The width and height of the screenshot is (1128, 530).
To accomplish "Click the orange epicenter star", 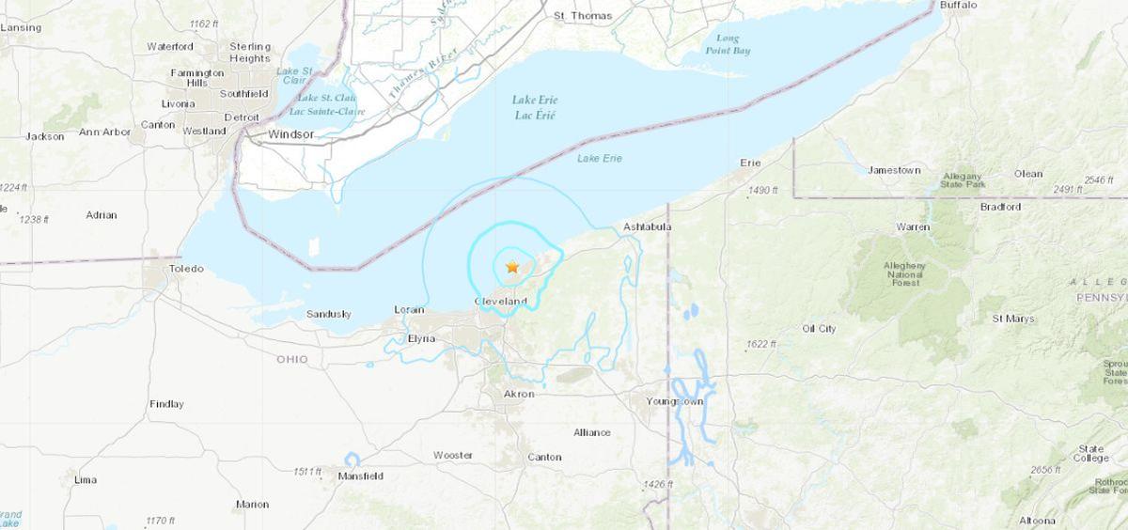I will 512,267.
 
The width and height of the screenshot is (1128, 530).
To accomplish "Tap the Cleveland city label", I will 501,301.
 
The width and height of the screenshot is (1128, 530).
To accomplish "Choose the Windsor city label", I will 290,134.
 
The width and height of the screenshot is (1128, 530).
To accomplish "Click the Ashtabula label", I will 647,228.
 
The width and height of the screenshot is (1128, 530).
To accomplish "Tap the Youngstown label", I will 675,401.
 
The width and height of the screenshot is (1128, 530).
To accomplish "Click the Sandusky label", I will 328,314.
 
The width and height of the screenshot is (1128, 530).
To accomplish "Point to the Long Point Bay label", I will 728,44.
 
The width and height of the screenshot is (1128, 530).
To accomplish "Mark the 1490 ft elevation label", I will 762,191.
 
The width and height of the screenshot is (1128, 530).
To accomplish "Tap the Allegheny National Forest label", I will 905,273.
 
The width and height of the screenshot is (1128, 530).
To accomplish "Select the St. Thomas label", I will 583,16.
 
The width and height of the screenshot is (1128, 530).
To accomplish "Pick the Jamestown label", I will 894,170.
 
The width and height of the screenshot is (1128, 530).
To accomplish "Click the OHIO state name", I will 291,360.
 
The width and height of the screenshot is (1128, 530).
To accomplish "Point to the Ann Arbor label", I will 104,132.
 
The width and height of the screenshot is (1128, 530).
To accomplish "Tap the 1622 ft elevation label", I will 762,345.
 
